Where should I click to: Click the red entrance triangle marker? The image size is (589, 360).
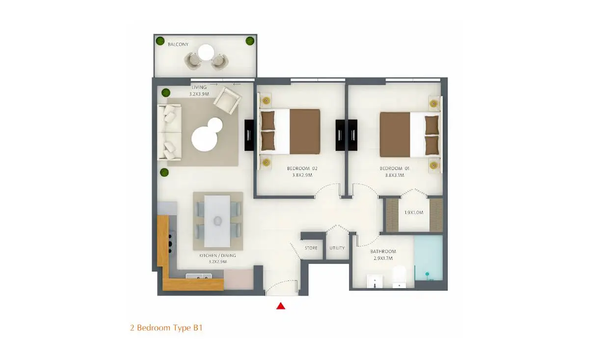tap(281, 306)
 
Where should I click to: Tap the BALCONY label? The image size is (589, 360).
tap(178, 45)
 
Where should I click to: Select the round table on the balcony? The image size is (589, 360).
tap(206, 53)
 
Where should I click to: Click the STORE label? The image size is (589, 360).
tap(311, 248)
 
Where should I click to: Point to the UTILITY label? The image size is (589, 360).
tap(337, 248)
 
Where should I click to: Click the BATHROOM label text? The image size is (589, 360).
tap(383, 251)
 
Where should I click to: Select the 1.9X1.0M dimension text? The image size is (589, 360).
tap(414, 212)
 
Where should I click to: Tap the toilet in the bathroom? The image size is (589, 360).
tap(399, 277)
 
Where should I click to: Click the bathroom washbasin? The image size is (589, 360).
tap(375, 281)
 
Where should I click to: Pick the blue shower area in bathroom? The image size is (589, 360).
tap(428, 258)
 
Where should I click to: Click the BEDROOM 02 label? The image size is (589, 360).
tap(302, 168)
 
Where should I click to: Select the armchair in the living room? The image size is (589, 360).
tap(227, 100)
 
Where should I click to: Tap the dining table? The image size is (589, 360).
tap(217, 221)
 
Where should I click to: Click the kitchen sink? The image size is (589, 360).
tap(199, 277)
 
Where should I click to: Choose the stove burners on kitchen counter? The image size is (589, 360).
tap(171, 243)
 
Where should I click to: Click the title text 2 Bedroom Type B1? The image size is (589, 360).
tap(166, 328)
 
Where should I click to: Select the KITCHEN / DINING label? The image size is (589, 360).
tap(217, 255)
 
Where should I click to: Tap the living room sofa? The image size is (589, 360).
tap(170, 132)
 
